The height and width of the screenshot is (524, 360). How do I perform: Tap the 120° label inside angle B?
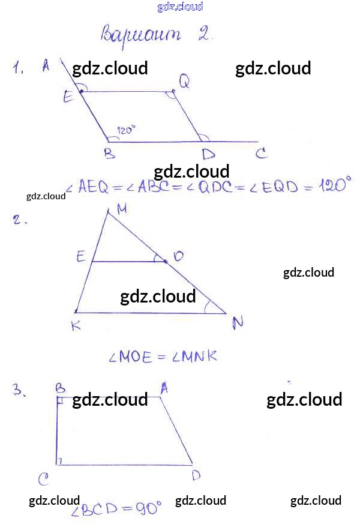127,129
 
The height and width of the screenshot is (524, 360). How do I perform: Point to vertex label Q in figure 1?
184,83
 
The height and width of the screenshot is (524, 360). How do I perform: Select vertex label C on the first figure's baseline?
261,154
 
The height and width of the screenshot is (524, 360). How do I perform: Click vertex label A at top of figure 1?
46,66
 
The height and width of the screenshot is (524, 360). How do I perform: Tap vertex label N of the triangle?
238,323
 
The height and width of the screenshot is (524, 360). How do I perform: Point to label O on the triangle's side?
178,256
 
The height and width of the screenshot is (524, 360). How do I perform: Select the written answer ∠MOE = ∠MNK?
162,357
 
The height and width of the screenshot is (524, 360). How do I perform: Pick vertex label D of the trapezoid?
196,475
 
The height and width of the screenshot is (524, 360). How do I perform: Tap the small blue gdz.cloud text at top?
180,7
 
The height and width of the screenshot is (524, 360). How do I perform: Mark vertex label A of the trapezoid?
164,388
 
